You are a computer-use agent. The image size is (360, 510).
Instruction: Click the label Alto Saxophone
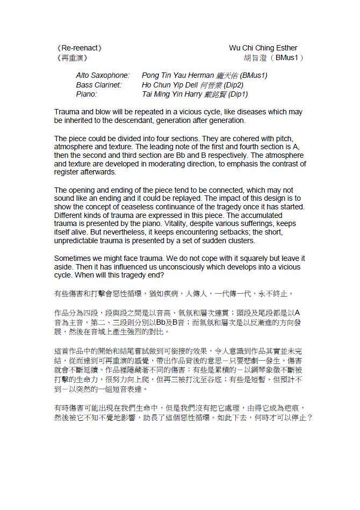[x=103, y=76]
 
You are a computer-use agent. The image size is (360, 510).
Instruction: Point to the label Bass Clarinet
[x=99, y=85]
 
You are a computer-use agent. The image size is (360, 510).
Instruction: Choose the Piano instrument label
[x=87, y=94]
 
